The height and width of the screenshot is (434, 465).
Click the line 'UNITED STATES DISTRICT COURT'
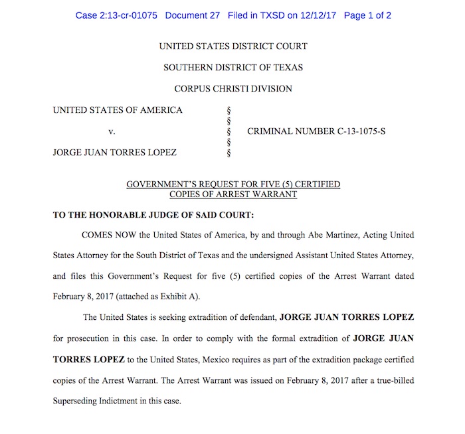[233, 46]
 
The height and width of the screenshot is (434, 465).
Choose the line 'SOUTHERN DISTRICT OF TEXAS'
[233, 68]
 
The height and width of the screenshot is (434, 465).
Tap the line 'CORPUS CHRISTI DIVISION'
[233, 89]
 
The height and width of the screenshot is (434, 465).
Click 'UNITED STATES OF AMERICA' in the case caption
[118, 110]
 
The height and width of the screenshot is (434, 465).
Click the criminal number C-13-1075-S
[316, 132]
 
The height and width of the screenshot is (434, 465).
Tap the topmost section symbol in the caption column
[229, 110]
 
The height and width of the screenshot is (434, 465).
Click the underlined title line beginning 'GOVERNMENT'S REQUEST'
[233, 184]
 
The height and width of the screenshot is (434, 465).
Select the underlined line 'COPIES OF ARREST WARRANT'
[233, 194]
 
